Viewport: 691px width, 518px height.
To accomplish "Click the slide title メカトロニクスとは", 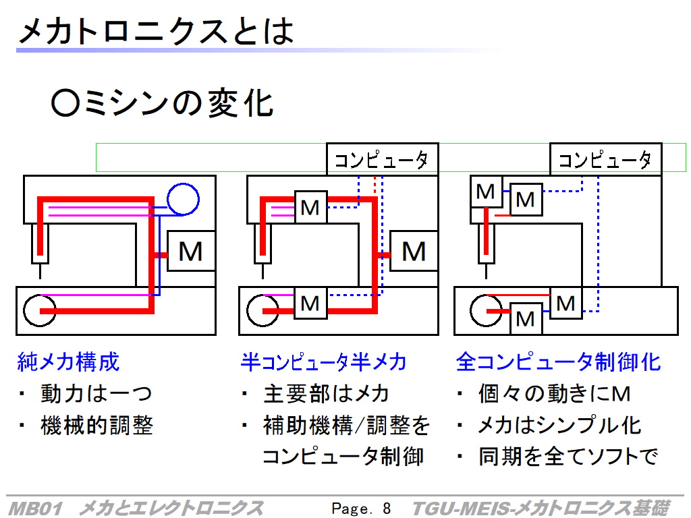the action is pos(156,31).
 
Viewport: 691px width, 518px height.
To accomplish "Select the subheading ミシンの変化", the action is pos(162,103).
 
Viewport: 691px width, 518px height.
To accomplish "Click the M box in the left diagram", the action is pos(191,251).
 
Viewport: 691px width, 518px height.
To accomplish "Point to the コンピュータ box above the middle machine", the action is pos(382,159).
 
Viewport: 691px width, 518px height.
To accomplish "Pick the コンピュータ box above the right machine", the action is pos(606,159).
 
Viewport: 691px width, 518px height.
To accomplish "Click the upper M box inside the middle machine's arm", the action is pos(310,207).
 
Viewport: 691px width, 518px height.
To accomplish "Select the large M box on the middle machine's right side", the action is pos(414,251).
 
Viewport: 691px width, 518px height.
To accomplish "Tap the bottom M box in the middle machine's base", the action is pos(310,303).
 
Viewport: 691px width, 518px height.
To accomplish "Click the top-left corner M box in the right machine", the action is pos(486,192).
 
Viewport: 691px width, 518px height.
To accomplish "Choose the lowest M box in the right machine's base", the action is pos(526,319).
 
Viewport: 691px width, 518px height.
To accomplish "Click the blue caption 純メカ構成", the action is pos(68,362).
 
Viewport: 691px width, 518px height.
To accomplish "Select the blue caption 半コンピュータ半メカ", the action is pos(323,362).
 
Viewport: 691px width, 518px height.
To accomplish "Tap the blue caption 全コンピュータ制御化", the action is pos(558,362).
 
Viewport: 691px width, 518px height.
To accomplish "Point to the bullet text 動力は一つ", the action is pos(96,393).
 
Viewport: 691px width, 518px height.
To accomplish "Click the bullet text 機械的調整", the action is pos(96,425).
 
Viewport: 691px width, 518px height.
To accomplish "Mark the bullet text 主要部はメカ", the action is pos(326,393).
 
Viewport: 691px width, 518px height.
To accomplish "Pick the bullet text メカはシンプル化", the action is pos(559,425).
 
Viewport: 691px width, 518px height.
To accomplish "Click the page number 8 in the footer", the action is pos(387,509).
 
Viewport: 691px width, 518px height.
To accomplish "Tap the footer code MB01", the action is pos(35,509).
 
